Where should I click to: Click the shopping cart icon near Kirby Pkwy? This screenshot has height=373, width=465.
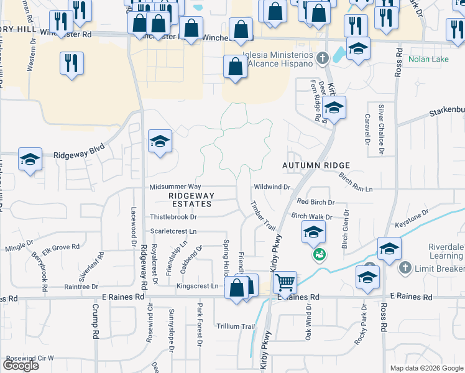(285, 283)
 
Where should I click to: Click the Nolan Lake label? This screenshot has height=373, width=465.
(428, 60)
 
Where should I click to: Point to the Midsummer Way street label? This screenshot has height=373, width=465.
(175, 186)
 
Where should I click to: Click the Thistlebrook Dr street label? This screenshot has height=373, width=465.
(173, 217)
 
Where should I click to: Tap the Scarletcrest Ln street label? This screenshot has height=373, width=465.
(173, 231)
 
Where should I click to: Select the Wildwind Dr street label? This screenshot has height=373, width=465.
(272, 186)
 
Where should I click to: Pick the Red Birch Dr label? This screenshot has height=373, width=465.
(315, 202)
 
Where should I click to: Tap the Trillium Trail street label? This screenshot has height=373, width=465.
(236, 326)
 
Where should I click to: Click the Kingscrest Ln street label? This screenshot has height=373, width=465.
(197, 287)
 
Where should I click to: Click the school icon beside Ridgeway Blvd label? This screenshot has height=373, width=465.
(30, 160)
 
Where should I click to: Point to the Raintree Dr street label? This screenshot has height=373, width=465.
(83, 287)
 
